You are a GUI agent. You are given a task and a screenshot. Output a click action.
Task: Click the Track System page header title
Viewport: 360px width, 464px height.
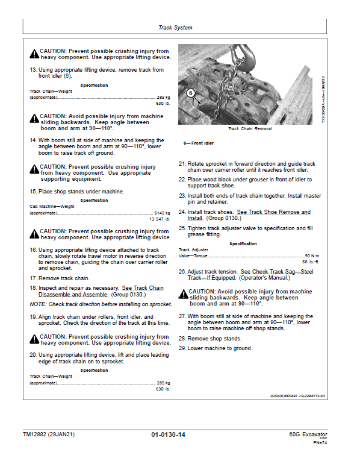coord(175,28)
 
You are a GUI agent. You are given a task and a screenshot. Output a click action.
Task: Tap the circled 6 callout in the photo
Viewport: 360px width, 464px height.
coord(191,93)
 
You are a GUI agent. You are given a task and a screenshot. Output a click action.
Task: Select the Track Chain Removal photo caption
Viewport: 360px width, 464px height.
coord(249,129)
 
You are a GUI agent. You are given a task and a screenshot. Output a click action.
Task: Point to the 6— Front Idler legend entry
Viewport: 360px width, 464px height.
coord(198,144)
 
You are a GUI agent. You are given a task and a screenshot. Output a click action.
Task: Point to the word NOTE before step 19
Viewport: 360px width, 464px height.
coord(37,304)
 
